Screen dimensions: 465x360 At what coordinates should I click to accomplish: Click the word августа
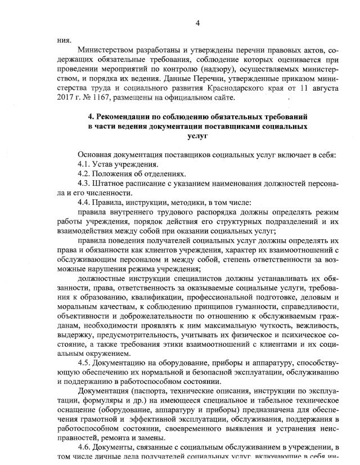click(321, 88)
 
